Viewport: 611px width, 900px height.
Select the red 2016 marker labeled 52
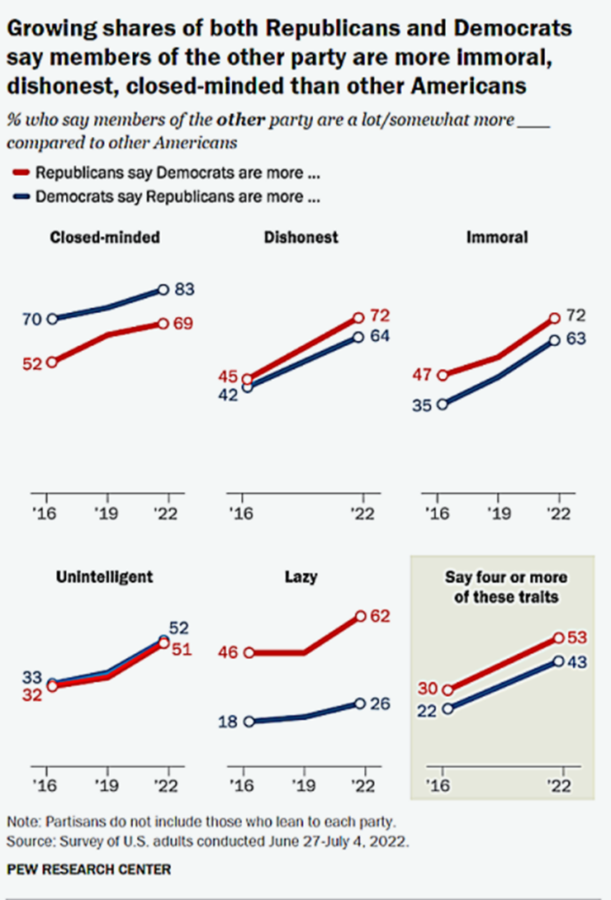[52, 361]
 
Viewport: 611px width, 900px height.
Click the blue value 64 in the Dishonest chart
[379, 336]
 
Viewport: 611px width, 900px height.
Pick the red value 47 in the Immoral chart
[423, 375]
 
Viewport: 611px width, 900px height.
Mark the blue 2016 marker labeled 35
[442, 404]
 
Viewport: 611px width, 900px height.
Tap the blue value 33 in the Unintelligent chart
[32, 676]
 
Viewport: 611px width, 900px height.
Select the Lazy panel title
[302, 577]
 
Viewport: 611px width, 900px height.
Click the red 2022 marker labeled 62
[360, 618]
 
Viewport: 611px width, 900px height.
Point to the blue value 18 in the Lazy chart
[229, 722]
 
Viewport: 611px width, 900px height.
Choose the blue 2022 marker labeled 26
[360, 703]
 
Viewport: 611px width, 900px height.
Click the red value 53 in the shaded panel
[578, 637]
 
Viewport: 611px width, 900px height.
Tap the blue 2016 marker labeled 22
[447, 708]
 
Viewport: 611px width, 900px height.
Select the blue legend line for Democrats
[22, 197]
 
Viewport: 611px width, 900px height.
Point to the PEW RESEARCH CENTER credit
[89, 869]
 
